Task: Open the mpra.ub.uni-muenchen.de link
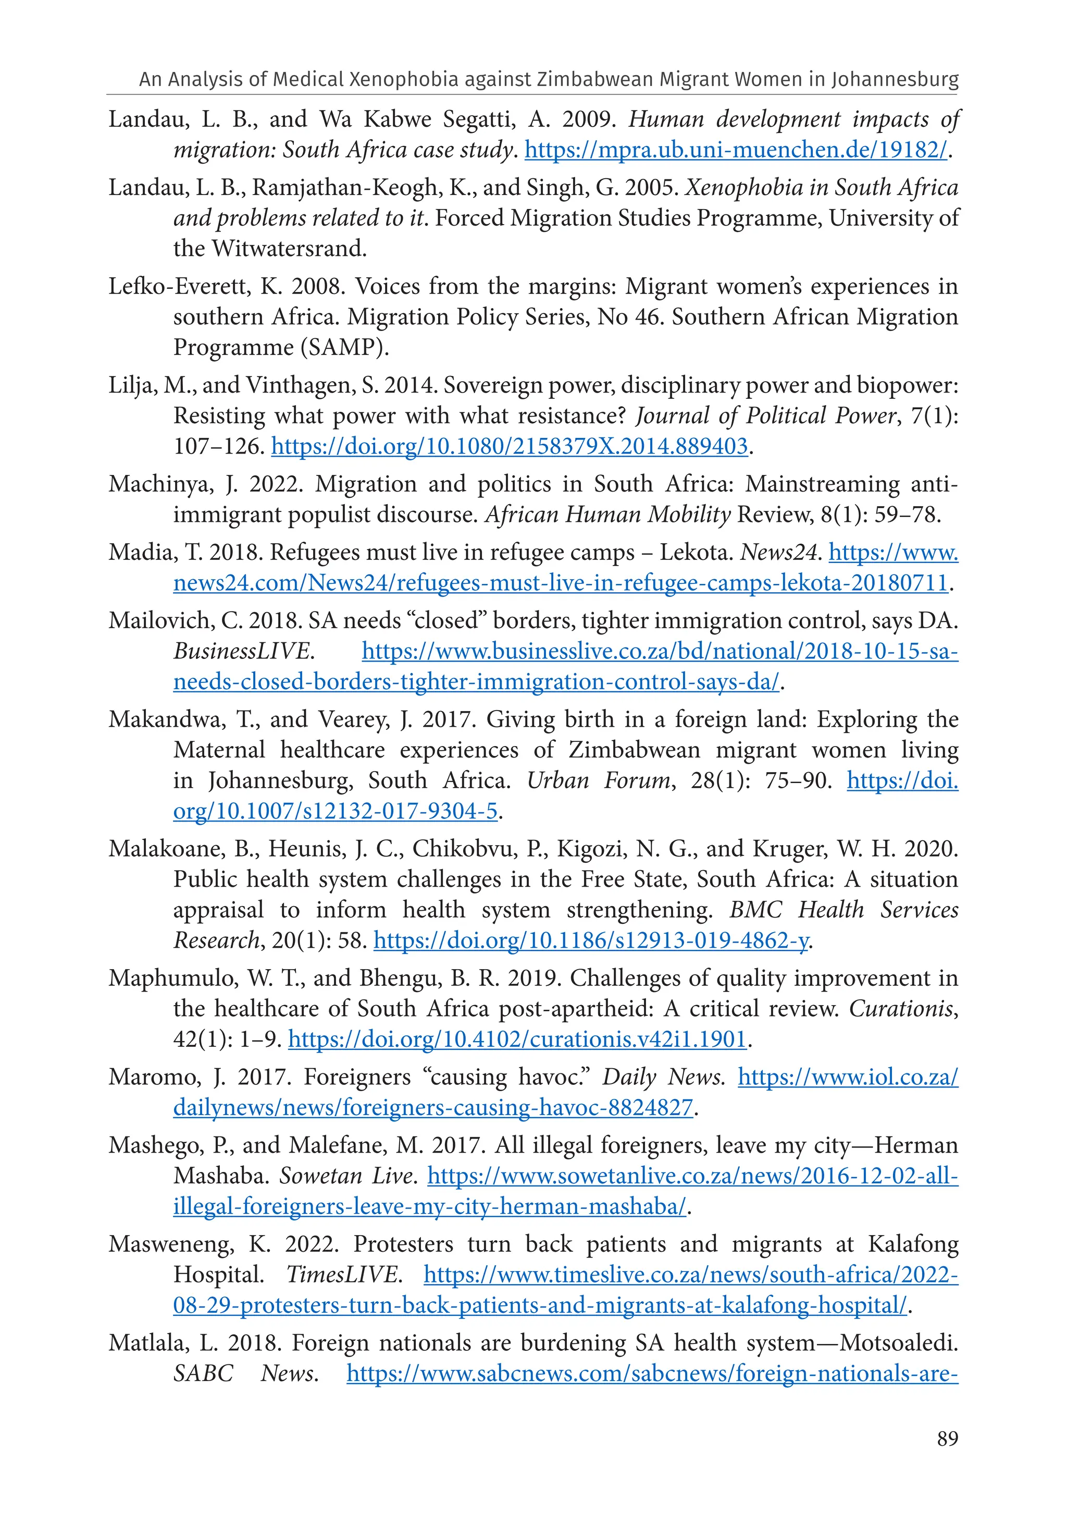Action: pyautogui.click(x=735, y=151)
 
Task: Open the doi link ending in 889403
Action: pyautogui.click(x=509, y=447)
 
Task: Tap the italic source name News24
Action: pyautogui.click(x=779, y=552)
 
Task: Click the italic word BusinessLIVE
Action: pyautogui.click(x=242, y=652)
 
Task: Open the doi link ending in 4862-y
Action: pyautogui.click(x=591, y=941)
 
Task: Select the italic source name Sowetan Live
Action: pyautogui.click(x=347, y=1176)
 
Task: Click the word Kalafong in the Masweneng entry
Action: pyautogui.click(x=913, y=1244)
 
